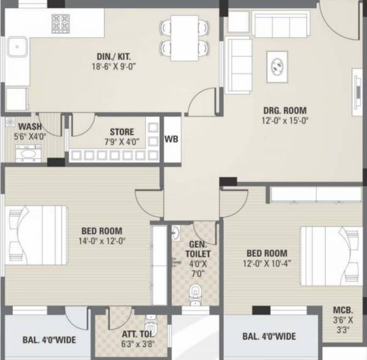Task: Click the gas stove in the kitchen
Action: (x=61, y=23)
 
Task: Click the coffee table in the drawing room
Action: (x=277, y=63)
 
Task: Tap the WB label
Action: (x=172, y=139)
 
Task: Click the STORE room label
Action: (x=122, y=131)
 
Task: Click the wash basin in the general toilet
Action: (x=176, y=233)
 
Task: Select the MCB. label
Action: (x=341, y=309)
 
